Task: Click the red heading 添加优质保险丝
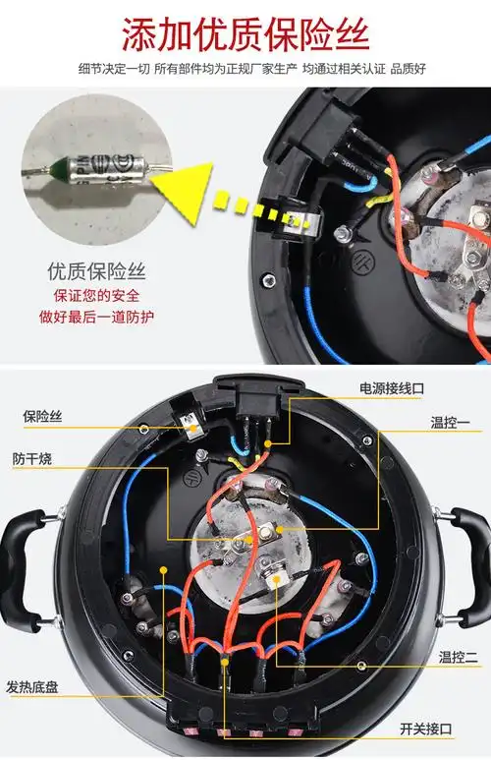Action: [245, 35]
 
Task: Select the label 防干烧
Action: [33, 459]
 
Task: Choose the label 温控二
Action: [448, 663]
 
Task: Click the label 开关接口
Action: [427, 729]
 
